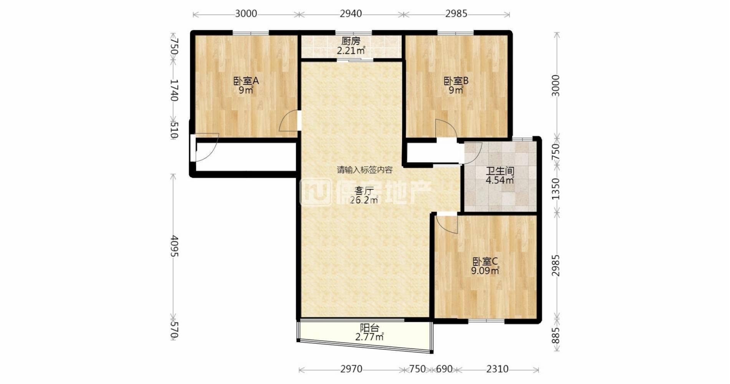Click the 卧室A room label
tap(246, 81)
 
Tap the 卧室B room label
tap(456, 81)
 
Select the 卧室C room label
tap(485, 262)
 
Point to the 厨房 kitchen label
tap(351, 41)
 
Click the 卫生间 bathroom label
tap(500, 171)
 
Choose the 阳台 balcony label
tap(369, 328)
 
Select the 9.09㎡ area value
tap(485, 271)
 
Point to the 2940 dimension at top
tap(351, 14)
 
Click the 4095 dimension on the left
tap(174, 246)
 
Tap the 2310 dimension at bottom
tap(497, 369)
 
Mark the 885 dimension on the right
tap(556, 335)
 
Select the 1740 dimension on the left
tap(174, 90)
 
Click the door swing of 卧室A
tap(288, 121)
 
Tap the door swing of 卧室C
tap(448, 225)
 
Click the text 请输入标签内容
tap(365, 170)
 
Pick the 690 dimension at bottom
tap(444, 369)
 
